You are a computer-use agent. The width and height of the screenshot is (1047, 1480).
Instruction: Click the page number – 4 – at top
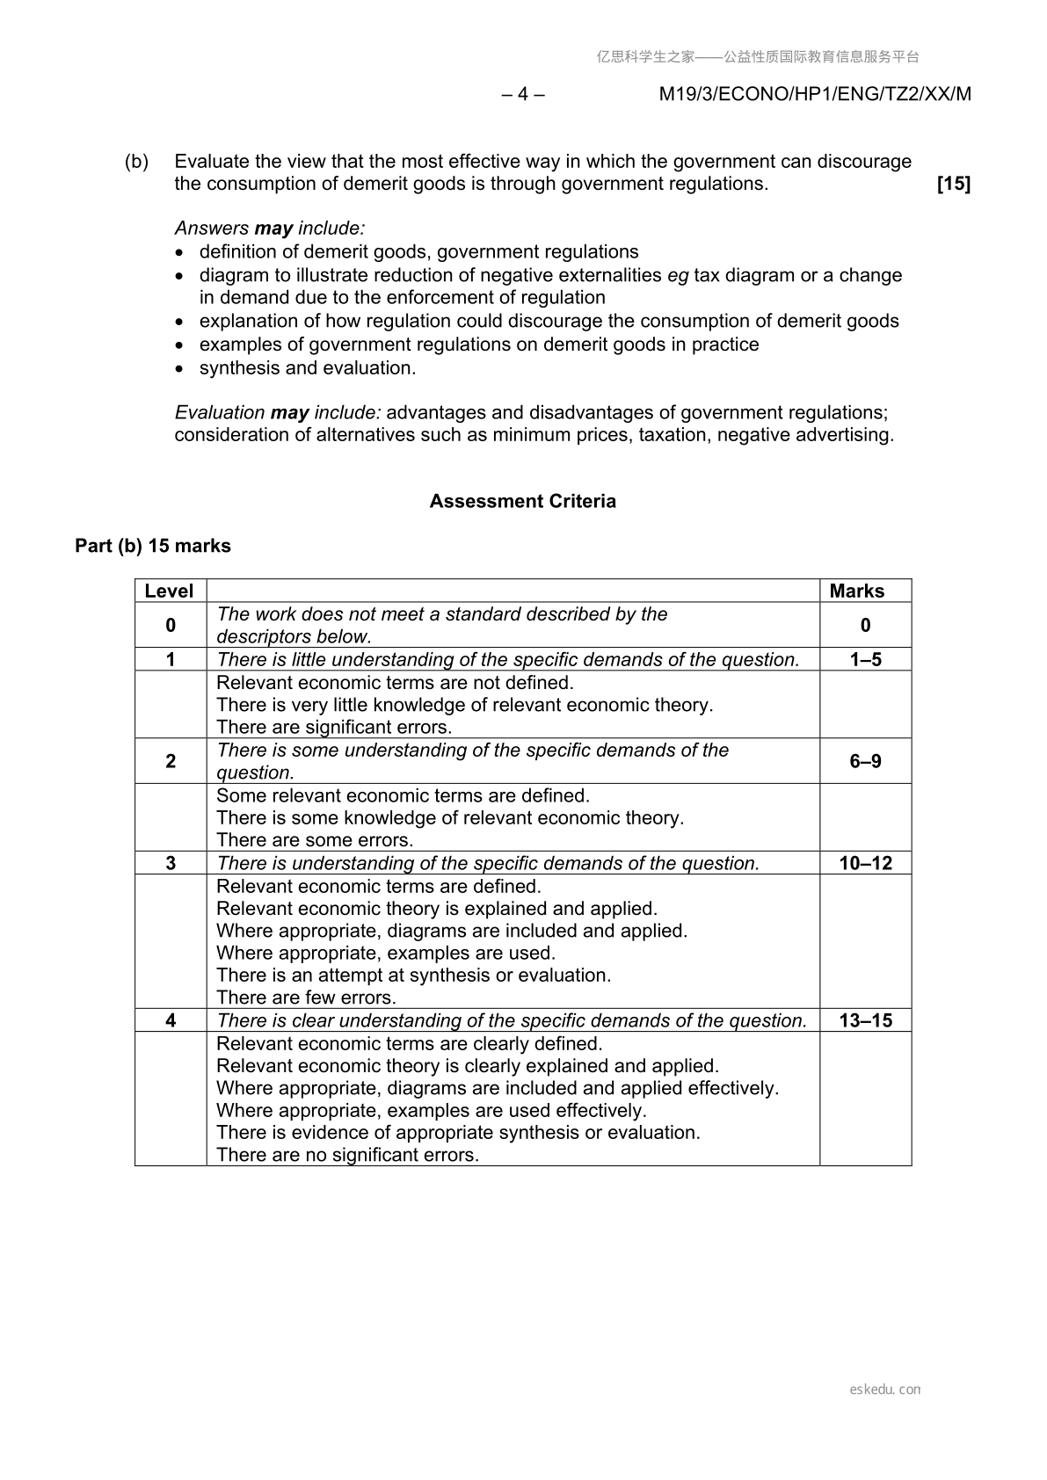tap(523, 94)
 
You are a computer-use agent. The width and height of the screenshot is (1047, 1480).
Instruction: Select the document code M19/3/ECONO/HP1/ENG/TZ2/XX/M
tap(815, 94)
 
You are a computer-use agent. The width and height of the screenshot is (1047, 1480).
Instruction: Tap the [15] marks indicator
tap(953, 184)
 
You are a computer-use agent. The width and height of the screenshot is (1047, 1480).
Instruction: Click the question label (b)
tap(136, 162)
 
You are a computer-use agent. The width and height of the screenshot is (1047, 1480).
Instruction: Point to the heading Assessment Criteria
tap(522, 501)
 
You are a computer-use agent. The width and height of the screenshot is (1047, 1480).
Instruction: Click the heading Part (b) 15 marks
tap(153, 546)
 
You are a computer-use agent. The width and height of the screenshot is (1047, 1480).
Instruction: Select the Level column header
tap(169, 591)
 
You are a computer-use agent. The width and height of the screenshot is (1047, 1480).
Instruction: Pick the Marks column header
tap(856, 591)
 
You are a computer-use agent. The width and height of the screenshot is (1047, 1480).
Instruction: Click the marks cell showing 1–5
tap(865, 660)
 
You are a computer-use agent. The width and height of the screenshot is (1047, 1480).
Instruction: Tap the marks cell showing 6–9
tap(865, 761)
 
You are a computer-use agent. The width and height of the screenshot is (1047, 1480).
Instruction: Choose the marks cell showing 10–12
tap(865, 863)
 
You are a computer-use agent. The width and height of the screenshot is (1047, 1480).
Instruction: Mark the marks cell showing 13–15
tap(865, 1020)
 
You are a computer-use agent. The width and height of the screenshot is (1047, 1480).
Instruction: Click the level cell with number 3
tap(171, 863)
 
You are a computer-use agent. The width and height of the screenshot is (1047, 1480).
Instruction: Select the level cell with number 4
tap(171, 1020)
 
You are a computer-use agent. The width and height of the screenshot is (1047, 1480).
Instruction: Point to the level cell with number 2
tap(171, 761)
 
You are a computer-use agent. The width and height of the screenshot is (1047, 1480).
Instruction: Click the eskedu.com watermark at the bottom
tap(884, 1389)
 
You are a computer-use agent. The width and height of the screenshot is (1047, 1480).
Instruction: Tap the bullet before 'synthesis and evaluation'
tap(180, 369)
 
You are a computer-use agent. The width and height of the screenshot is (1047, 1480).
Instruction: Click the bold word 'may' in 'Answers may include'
tap(273, 229)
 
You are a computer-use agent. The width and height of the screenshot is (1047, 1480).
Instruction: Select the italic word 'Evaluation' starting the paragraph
tap(220, 412)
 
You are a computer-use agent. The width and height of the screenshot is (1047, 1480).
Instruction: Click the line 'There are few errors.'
tap(306, 998)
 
